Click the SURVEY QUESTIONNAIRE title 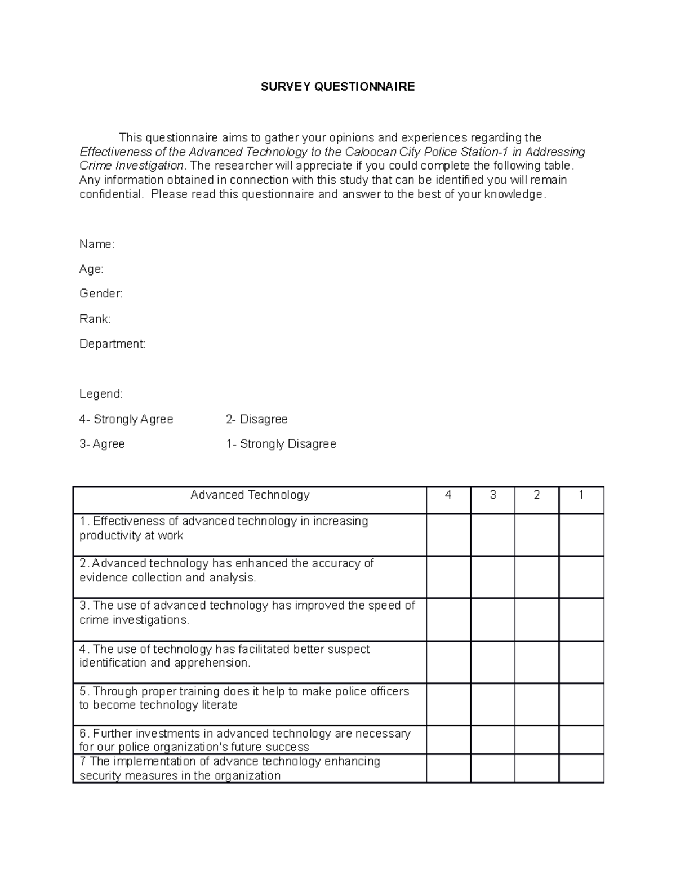(337, 87)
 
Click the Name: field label (97, 245)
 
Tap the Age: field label (91, 269)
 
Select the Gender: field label (101, 294)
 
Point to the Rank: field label (95, 319)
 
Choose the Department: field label (112, 344)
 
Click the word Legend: (101, 394)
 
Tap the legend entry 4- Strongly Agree (126, 419)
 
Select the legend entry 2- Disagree (257, 419)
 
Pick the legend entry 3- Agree (102, 444)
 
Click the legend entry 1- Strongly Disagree (281, 444)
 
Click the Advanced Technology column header (250, 495)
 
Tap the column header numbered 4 (448, 495)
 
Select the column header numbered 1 (581, 495)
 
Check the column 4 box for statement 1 (448, 535)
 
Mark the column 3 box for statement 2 (493, 577)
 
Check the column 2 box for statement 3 (537, 619)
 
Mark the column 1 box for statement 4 (581, 662)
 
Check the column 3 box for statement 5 (493, 704)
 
